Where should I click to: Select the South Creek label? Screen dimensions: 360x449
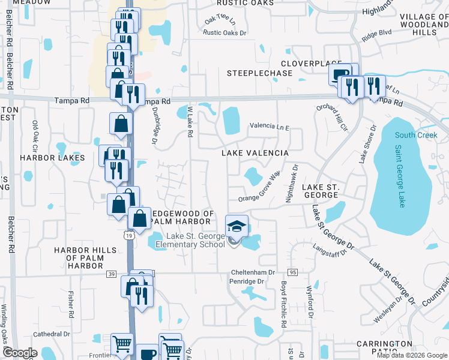[416, 135]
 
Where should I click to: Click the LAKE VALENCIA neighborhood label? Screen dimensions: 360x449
[255, 153]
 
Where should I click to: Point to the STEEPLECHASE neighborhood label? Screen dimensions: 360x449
[259, 73]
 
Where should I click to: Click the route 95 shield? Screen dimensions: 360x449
[293, 272]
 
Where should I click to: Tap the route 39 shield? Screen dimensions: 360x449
[112, 274]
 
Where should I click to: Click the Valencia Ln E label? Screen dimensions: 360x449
[270, 127]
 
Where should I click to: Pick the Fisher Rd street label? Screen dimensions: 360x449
[71, 305]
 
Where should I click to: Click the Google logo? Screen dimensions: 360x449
[20, 353]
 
